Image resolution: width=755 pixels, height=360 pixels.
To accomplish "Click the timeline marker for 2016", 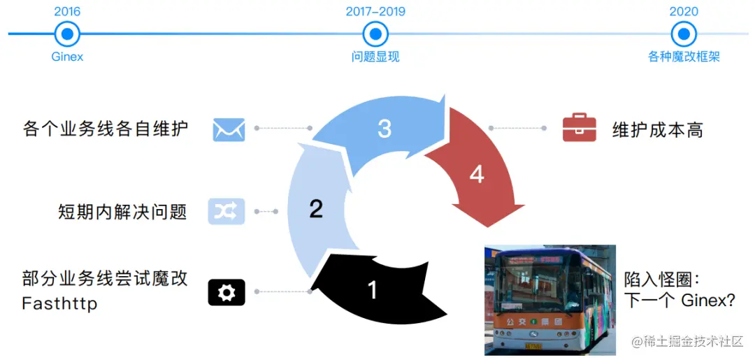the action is [67, 33].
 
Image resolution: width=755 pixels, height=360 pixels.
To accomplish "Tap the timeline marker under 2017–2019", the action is [375, 33].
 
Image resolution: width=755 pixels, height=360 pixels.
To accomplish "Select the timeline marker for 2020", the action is [684, 33].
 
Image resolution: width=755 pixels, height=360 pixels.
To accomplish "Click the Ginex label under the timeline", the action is [67, 57].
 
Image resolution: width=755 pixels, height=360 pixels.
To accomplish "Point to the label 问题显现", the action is [375, 57].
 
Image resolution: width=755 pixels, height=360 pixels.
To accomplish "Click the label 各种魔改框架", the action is [684, 57].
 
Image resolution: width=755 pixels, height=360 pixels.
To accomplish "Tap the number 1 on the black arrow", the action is [373, 289].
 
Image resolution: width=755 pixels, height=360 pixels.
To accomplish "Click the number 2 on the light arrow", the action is [316, 208].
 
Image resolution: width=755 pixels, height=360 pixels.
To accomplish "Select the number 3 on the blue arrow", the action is [384, 129].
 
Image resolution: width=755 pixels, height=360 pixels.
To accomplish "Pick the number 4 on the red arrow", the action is [477, 174].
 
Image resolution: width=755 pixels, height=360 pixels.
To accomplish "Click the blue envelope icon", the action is [229, 129].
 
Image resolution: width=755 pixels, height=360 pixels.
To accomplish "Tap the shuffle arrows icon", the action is [226, 210].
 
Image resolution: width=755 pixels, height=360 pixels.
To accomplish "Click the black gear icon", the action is [226, 292].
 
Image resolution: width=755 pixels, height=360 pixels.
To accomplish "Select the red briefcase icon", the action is [580, 129].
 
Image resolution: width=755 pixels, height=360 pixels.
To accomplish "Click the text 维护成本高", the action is [657, 130].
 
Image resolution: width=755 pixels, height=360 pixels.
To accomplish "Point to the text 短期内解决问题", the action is [123, 211].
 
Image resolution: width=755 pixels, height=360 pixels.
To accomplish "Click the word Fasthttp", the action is [59, 304].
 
